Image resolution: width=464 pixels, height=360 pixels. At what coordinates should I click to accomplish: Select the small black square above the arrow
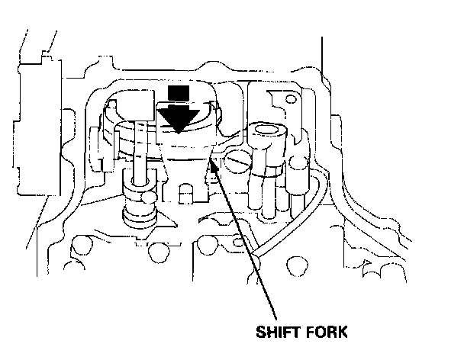point(178,92)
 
